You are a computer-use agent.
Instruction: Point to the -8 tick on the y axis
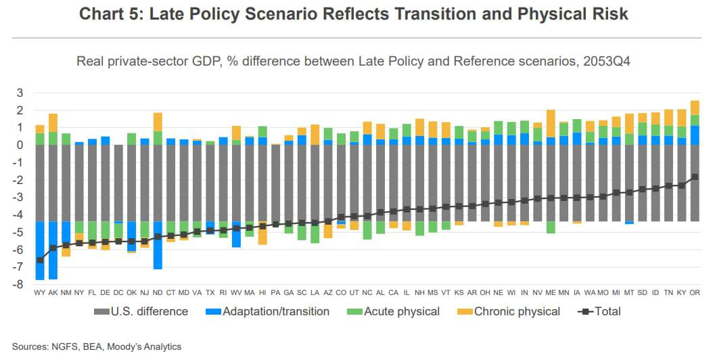[x=20, y=285]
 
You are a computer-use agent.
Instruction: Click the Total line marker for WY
[x=40, y=260]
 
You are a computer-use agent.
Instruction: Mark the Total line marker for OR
[x=695, y=177]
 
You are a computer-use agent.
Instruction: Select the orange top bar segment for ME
[x=551, y=123]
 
